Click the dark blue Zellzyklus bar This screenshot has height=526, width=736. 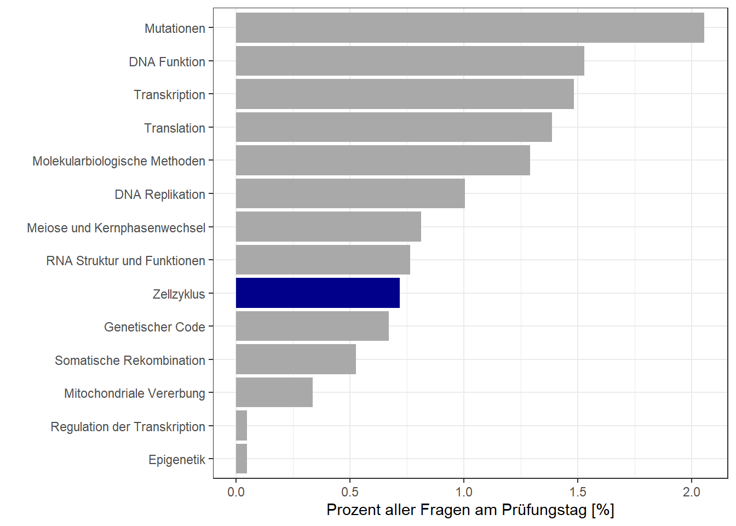pyautogui.click(x=318, y=293)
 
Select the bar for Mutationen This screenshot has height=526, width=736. pyautogui.click(x=470, y=28)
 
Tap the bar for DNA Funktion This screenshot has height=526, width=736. pyautogui.click(x=410, y=61)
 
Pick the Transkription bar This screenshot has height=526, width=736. pyautogui.click(x=405, y=94)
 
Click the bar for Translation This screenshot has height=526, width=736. pyautogui.click(x=394, y=127)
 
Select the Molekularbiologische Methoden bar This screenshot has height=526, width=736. pyautogui.click(x=383, y=161)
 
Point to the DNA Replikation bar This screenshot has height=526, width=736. pyautogui.click(x=350, y=193)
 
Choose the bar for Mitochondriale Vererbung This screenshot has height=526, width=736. pyautogui.click(x=274, y=392)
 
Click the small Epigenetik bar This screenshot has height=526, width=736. pyautogui.click(x=242, y=459)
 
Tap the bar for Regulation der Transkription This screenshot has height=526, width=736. pyautogui.click(x=242, y=426)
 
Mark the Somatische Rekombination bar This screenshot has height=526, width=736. pyautogui.click(x=296, y=359)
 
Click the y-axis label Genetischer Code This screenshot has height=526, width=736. pyautogui.click(x=154, y=327)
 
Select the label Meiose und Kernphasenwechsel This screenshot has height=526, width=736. pyautogui.click(x=116, y=228)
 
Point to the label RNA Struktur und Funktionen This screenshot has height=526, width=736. pyautogui.click(x=125, y=261)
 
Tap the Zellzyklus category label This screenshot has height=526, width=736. pyautogui.click(x=179, y=294)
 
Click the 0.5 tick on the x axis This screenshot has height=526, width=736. pyautogui.click(x=350, y=492)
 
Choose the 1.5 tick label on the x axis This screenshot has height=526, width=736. pyautogui.click(x=578, y=492)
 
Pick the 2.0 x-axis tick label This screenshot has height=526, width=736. pyautogui.click(x=692, y=492)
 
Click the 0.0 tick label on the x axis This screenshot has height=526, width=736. pyautogui.click(x=236, y=492)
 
